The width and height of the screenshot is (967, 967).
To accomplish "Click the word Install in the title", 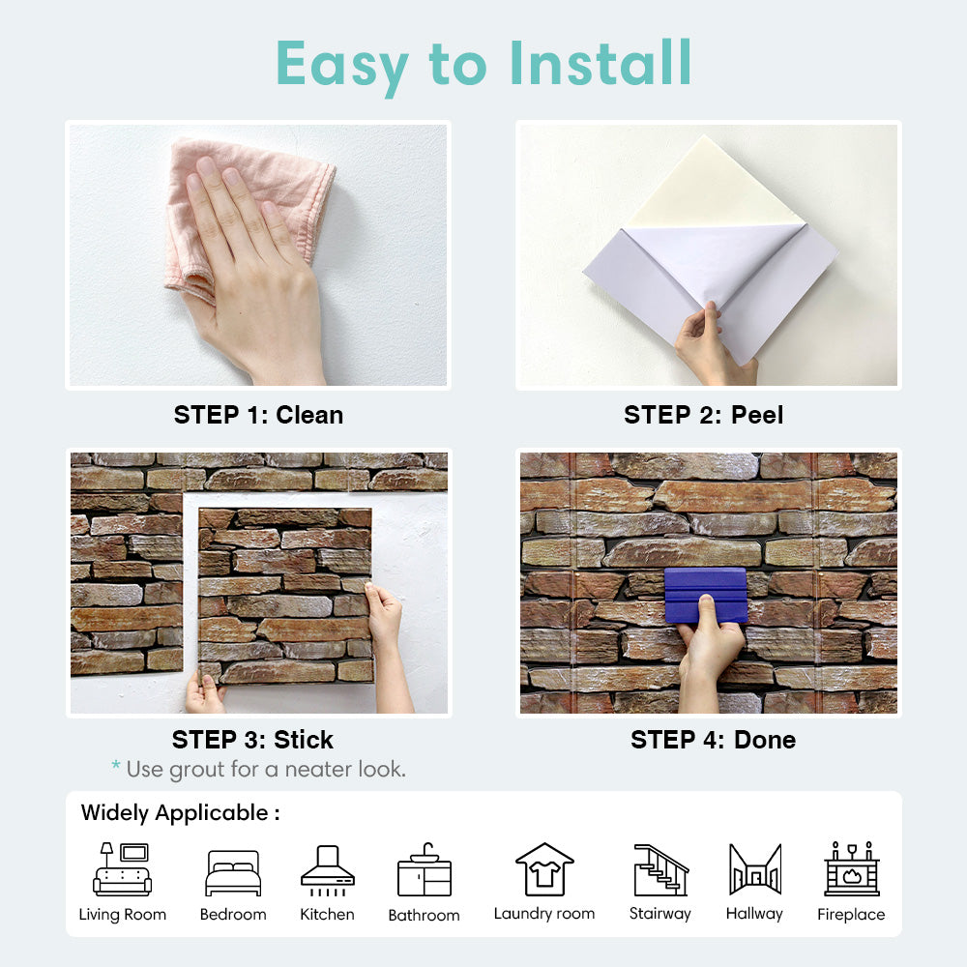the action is coord(601,63).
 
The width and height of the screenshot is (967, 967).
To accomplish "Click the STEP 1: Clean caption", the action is coord(258,415).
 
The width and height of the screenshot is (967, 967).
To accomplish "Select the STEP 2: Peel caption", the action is coord(704,415).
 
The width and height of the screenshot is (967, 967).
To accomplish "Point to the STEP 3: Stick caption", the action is coord(252,740).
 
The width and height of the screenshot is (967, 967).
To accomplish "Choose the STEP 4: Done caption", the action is coord(713,740).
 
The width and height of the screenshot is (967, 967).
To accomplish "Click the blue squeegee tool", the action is coord(706,595).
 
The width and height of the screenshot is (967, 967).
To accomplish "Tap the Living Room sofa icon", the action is coord(122,869).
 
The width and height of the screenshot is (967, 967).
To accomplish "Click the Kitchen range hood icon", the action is coord(328,870).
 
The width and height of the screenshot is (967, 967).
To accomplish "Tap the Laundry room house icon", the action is coord(544,869).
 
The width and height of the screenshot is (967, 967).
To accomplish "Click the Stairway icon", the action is coord(660,869).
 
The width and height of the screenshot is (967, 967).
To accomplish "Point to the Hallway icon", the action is coord(755,869).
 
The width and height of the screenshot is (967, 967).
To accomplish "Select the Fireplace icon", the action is coord(852,869).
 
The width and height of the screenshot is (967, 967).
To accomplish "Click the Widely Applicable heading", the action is coord(180,813).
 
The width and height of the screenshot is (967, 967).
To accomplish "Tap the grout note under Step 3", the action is coord(259,769).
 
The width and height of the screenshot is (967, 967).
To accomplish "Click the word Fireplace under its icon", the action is coord(851,914).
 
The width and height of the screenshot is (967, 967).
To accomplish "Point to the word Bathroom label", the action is coord(425,915).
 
